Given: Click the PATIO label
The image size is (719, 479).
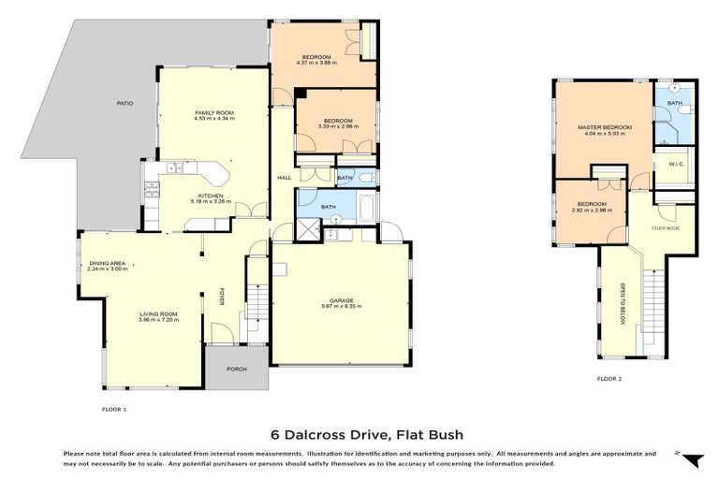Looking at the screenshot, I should click(122, 103).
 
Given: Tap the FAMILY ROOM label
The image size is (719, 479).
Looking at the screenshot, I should click(213, 112).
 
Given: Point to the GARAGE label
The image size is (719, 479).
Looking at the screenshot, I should click(340, 299).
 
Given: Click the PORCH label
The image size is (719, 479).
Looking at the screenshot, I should click(237, 369).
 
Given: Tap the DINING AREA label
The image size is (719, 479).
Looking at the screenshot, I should click(108, 263).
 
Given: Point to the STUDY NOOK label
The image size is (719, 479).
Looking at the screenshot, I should click(668, 228).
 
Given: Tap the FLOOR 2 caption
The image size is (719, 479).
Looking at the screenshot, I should click(609, 379).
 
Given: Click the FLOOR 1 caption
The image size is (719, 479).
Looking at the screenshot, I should click(113, 409).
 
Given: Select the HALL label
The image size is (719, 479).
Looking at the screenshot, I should click(285, 177).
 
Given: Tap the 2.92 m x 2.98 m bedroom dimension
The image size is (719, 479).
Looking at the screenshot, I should click(591, 210).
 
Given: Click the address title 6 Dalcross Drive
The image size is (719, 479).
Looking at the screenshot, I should click(366, 434).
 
